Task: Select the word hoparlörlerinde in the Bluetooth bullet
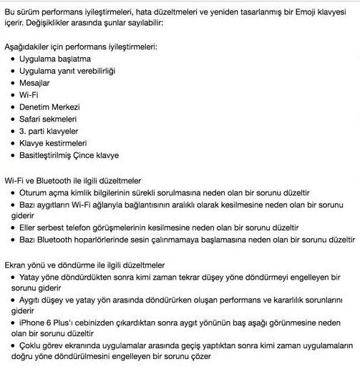click(x=109, y=240)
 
